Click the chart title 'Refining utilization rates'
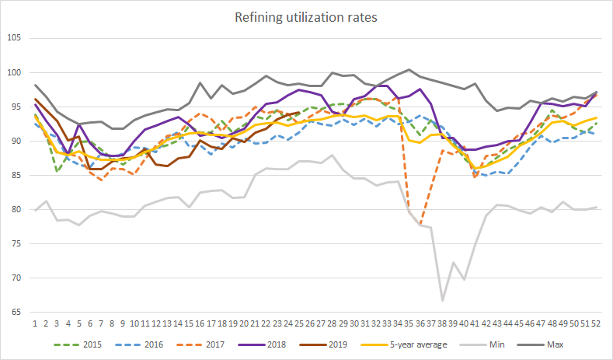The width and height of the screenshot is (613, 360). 306,17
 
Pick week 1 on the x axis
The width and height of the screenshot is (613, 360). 35,323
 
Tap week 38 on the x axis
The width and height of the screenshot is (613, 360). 442,323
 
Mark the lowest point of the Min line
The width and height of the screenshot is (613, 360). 442,300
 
